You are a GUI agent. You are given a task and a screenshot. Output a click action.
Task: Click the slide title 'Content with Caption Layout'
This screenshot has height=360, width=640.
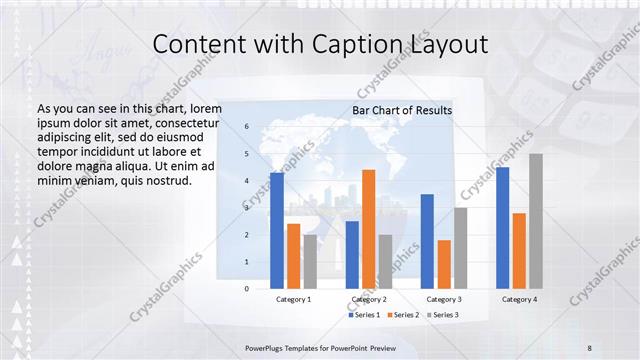(319, 45)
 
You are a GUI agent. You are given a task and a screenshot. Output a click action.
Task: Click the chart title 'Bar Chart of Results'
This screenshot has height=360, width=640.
(402, 110)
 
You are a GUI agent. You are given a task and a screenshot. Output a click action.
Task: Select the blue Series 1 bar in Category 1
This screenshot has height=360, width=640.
(277, 230)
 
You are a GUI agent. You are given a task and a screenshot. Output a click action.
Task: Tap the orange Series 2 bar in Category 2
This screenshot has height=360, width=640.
(369, 229)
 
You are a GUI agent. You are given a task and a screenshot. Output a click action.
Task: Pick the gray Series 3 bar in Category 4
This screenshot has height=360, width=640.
(536, 221)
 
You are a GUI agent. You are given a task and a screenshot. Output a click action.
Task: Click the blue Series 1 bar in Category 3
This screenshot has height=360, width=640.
(427, 241)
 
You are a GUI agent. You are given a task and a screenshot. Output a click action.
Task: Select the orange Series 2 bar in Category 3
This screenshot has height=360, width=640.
(444, 264)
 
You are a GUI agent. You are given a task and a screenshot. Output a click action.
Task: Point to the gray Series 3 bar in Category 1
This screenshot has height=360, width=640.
(310, 261)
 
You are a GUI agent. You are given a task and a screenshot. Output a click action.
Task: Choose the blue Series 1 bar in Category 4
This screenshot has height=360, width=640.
(502, 227)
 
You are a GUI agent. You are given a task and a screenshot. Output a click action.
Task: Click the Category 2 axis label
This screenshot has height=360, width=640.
(369, 299)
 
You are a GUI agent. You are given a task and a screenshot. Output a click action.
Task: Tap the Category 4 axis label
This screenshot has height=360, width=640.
(519, 299)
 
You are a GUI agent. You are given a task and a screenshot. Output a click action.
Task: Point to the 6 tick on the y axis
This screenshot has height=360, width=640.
(247, 127)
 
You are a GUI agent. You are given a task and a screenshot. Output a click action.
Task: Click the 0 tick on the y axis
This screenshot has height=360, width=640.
(247, 288)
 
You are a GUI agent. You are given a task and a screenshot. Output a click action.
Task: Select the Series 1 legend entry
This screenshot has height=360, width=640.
(364, 315)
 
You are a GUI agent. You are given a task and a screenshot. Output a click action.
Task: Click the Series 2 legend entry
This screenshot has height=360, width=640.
(403, 315)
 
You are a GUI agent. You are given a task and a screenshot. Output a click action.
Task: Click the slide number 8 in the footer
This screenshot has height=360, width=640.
(589, 346)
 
